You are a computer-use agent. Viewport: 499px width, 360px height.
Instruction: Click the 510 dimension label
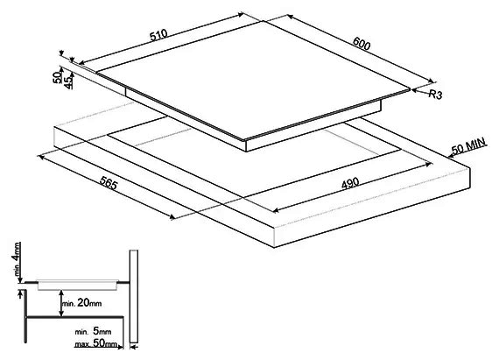coord(158,35)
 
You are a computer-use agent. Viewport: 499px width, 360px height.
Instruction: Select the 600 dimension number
coord(362,43)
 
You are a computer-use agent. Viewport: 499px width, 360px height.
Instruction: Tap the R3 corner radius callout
coord(435,95)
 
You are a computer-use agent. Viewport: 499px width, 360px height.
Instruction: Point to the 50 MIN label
coord(469,145)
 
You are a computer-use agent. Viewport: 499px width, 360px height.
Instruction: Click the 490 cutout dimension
coord(350,184)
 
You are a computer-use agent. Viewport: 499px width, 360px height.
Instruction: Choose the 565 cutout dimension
coord(109,183)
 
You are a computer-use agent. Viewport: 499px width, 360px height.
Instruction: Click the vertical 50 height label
coord(57,77)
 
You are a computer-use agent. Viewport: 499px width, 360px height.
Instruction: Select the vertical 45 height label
coord(68,82)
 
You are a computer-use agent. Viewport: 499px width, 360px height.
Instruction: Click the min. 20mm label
coord(82,303)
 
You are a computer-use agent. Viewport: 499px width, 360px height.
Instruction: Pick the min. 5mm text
coord(93,331)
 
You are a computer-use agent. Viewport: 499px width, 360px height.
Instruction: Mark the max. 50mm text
coord(95,343)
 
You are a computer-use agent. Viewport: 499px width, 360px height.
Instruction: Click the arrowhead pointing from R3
coord(414,90)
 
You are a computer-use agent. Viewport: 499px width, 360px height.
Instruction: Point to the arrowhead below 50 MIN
coord(451,156)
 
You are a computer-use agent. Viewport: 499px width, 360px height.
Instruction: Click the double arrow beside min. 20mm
coord(61,303)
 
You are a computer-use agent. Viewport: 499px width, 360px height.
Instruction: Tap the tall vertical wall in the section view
coord(134,296)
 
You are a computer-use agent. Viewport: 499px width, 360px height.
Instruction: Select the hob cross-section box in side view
coord(78,285)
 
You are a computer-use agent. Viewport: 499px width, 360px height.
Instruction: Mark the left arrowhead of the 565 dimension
coord(41,156)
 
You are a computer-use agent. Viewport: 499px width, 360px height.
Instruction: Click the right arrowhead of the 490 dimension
coord(429,165)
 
